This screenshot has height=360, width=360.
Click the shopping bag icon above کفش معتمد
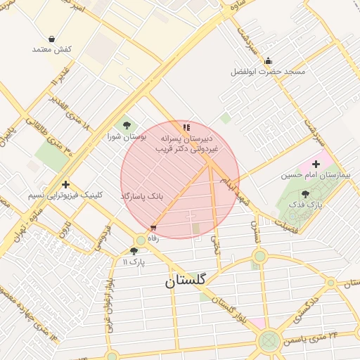[52, 39]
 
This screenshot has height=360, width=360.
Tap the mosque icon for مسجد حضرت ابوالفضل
[268, 60]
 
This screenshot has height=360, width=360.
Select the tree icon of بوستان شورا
[127, 125]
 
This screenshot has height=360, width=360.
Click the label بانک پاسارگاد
[141, 195]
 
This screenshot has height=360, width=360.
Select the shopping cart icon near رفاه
[153, 227]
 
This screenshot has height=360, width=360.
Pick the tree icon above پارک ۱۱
[134, 251]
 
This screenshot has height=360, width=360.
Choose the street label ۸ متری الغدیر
[71, 113]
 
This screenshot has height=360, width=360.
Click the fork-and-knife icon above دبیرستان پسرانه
[186, 127]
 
